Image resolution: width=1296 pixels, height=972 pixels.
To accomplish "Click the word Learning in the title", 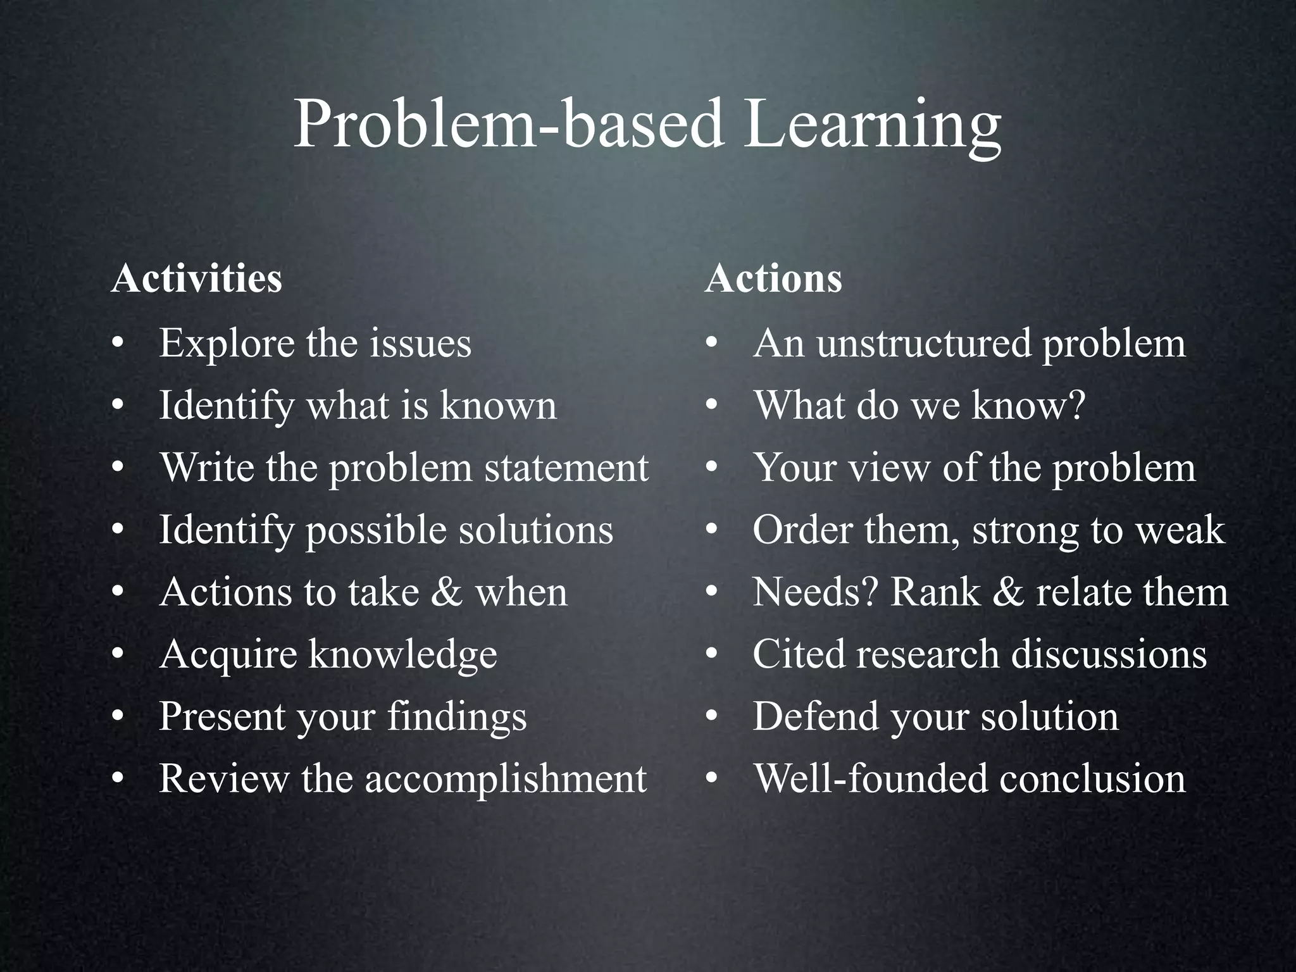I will point(872,127).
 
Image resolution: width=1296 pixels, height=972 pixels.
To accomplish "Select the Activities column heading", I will point(196,278).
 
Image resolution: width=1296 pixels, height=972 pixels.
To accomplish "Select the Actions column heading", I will point(773,278).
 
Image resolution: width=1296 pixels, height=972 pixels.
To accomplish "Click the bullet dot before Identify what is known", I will point(116,406).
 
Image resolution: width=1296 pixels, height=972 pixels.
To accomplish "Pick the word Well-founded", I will point(871,779).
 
